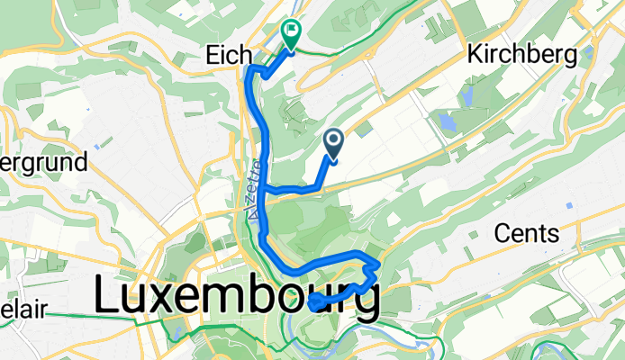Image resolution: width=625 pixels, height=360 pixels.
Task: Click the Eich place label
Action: (222, 55)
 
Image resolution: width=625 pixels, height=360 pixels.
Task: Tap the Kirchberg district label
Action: (521, 55)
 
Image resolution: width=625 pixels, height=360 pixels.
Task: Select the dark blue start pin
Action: (333, 142)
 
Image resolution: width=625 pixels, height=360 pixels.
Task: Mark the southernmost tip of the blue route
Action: (313, 306)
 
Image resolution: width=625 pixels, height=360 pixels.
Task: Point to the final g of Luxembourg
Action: (362, 301)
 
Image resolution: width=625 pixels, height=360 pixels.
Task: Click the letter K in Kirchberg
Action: (475, 55)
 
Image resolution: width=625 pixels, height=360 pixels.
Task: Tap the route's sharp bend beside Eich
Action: (251, 71)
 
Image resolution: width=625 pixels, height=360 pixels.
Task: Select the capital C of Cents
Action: (503, 234)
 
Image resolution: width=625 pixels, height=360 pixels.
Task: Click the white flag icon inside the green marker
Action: (292, 31)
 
